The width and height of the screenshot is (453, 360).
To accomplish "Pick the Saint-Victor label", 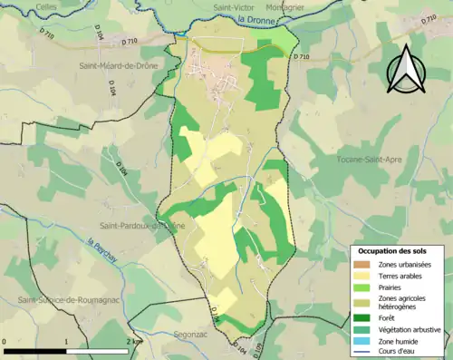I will coord(233,7).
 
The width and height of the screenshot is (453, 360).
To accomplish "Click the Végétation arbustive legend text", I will coord(409,329).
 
